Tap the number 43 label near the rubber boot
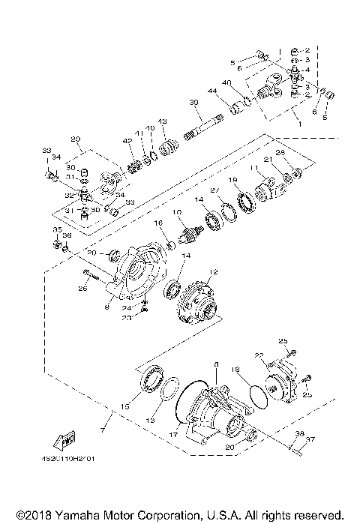pyautogui.click(x=161, y=121)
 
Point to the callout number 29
pyautogui.click(x=75, y=139)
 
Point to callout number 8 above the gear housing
pyautogui.click(x=217, y=364)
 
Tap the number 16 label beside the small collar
pyautogui.click(x=158, y=223)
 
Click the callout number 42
pyautogui.click(x=127, y=140)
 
